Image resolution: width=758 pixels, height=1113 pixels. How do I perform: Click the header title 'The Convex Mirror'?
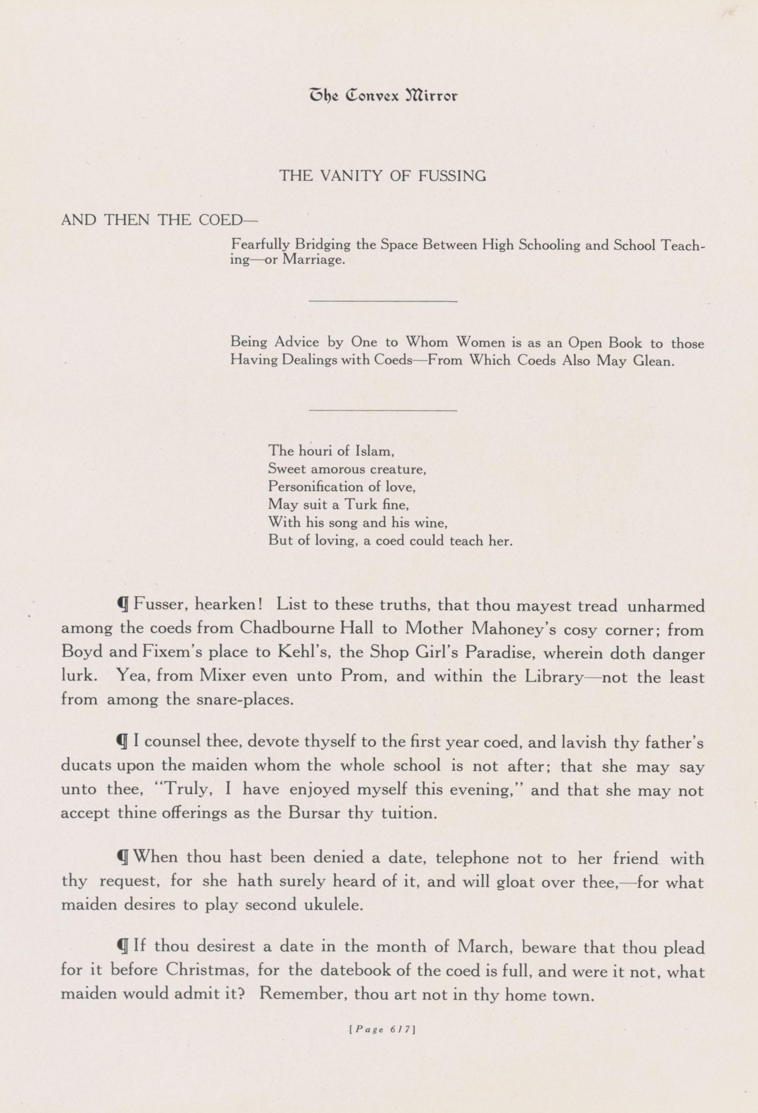pos(383,96)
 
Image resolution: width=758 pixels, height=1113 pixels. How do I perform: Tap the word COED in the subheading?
pos(221,220)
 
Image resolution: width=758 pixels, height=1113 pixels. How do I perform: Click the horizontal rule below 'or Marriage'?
pos(383,301)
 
